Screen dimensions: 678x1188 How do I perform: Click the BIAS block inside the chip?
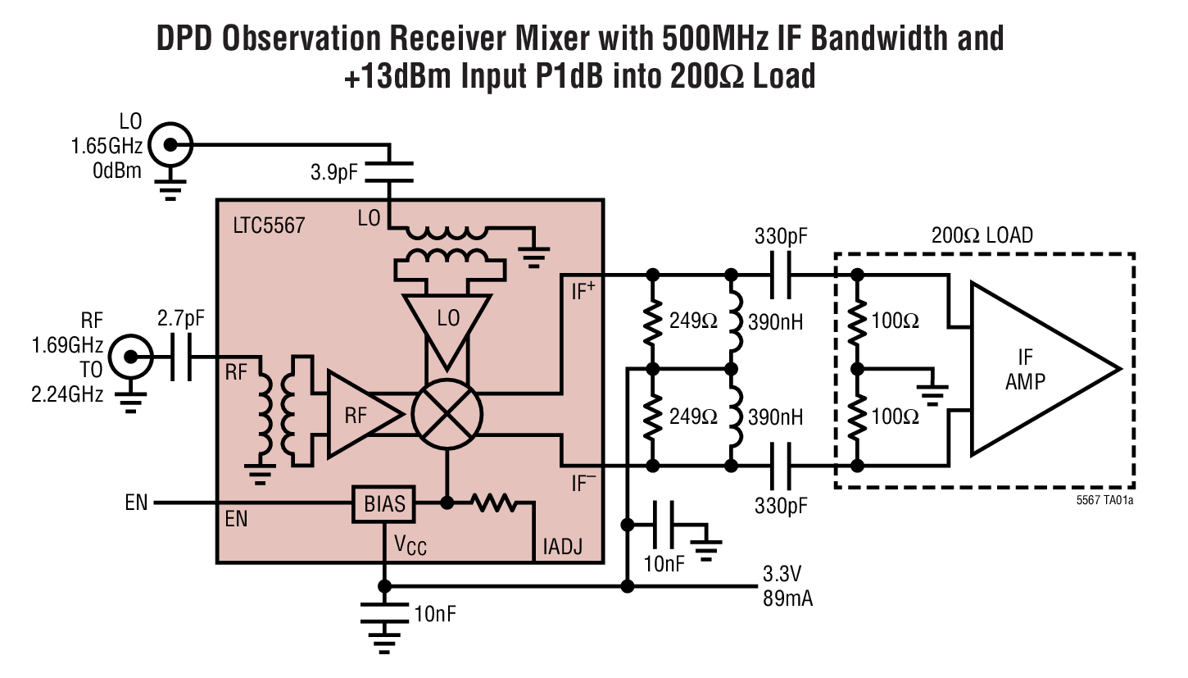384,503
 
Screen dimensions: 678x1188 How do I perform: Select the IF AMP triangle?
1032,369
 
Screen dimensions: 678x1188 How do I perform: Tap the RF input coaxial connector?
129,356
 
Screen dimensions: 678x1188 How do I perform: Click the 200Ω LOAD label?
982,235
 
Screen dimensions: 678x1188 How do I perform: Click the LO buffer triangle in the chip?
447,325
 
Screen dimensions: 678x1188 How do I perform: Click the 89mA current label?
786,598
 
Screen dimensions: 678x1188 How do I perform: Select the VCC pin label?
410,545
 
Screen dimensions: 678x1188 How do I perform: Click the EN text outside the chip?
137,503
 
